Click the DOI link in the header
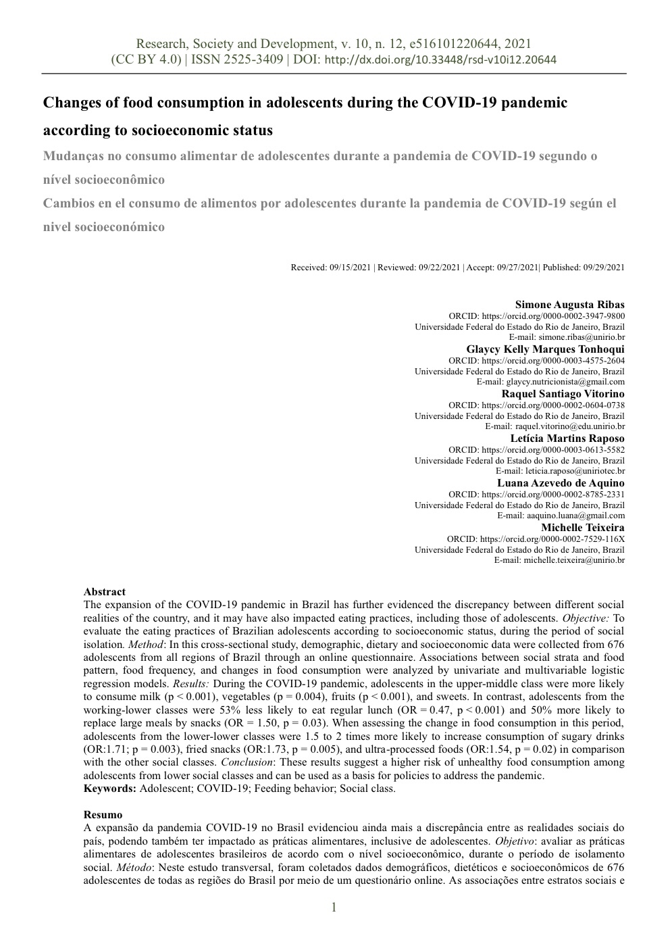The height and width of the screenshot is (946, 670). [441, 60]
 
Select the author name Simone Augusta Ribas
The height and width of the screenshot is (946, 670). [569, 305]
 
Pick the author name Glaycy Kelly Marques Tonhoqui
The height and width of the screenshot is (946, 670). [545, 349]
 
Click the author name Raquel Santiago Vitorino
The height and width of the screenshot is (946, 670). [563, 394]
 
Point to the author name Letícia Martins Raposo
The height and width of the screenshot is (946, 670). [567, 439]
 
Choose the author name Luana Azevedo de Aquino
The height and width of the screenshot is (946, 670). [561, 483]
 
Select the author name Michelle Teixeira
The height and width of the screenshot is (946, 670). [582, 528]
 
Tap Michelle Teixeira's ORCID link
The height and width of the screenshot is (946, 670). [552, 539]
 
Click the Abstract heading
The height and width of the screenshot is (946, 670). [104, 592]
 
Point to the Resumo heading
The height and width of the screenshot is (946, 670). [103, 815]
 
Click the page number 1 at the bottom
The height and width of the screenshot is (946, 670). [334, 907]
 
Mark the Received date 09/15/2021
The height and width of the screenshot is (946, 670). [350, 268]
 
